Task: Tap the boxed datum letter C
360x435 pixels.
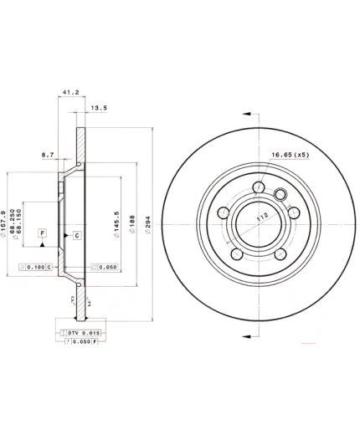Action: pyautogui.click(x=76, y=235)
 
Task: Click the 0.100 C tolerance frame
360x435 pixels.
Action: pyautogui.click(x=36, y=267)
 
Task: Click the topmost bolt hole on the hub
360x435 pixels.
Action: pyautogui.click(x=261, y=187)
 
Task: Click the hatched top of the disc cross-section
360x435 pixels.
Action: pyautogui.click(x=81, y=142)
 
